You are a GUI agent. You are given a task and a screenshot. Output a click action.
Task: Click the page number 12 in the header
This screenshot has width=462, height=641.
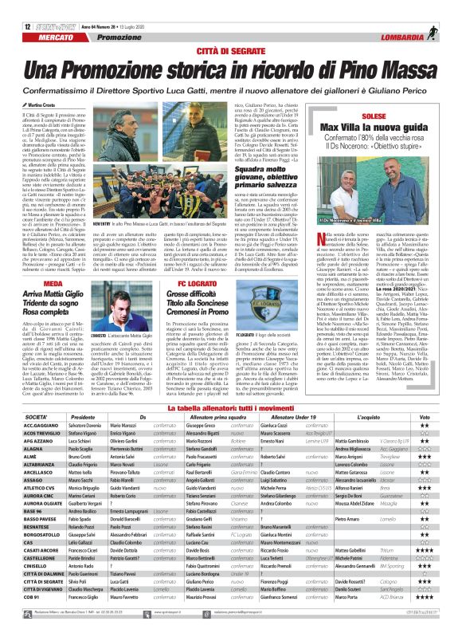17,8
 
